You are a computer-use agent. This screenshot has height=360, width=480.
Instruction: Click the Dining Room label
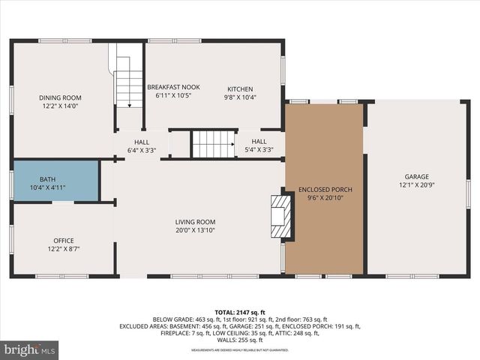tap(60, 98)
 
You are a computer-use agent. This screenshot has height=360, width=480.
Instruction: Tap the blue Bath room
tap(56, 180)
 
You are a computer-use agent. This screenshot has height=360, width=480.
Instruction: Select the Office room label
tap(63, 241)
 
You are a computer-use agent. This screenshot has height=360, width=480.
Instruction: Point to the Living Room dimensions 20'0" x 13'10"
tap(195, 231)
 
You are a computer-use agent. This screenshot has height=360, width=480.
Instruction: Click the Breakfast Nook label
tap(173, 87)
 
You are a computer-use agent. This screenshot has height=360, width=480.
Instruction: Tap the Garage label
tap(416, 175)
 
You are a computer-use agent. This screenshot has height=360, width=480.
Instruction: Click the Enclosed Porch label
tap(325, 190)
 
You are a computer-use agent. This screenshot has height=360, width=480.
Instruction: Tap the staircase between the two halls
tap(214, 144)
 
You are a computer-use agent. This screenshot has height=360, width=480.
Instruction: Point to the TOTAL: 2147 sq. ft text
tap(239, 311)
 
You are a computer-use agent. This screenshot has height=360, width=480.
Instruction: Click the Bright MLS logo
tap(30, 349)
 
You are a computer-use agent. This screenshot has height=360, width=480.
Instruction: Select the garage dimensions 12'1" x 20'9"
tap(416, 184)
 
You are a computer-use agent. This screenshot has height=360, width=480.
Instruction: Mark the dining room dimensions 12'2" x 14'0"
tap(60, 107)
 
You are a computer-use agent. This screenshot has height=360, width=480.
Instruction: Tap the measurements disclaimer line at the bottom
tap(239, 350)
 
